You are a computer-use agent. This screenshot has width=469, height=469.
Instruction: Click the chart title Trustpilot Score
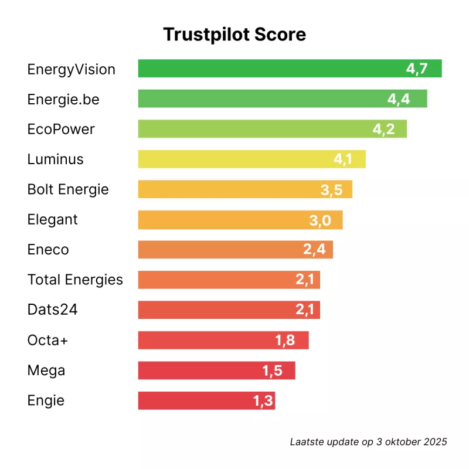[235, 35]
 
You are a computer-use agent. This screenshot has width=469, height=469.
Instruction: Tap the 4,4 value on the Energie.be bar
[399, 99]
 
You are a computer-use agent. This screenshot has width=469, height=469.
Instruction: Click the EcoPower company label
[61, 129]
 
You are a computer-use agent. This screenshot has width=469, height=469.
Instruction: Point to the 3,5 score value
[331, 189]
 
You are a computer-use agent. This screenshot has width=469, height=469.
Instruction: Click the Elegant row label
[53, 220]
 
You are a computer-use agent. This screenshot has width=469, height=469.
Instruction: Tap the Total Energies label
[75, 280]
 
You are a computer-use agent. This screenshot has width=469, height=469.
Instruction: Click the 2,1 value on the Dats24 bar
[305, 310]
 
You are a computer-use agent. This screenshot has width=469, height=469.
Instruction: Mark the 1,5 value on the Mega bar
[274, 371]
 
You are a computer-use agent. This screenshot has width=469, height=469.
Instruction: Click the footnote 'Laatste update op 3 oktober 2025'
[369, 441]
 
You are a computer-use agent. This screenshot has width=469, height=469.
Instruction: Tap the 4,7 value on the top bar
[417, 69]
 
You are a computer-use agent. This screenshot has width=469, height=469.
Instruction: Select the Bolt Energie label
[68, 189]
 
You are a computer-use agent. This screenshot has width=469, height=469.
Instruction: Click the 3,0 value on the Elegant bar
[321, 220]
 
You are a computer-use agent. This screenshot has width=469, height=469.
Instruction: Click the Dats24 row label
[53, 310]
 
